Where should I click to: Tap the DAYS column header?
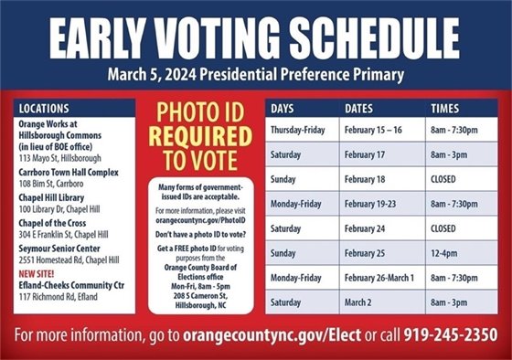coord(282,109)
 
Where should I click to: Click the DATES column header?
coord(359,109)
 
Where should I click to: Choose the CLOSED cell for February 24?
coord(443,227)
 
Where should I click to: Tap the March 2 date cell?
coord(362,300)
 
